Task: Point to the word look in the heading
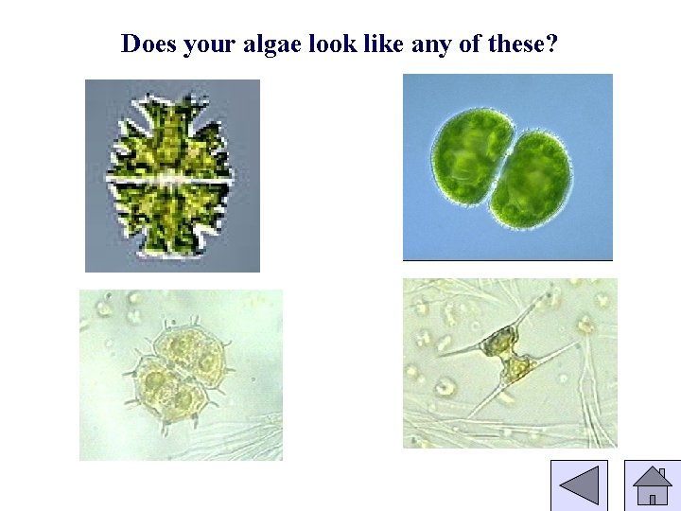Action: pos(328,44)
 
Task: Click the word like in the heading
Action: pos(381,44)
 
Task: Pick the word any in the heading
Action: pos(431,44)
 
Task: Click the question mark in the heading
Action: pos(553,44)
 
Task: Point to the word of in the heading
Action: pos(469,44)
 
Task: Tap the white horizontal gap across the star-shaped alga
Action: pos(170,177)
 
